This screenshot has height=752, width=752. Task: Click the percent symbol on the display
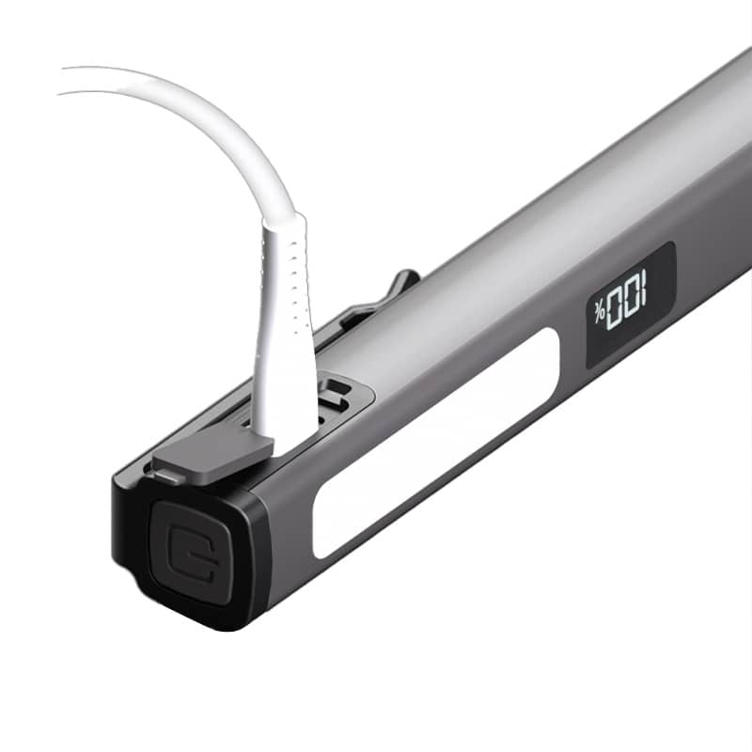pyautogui.click(x=599, y=312)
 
